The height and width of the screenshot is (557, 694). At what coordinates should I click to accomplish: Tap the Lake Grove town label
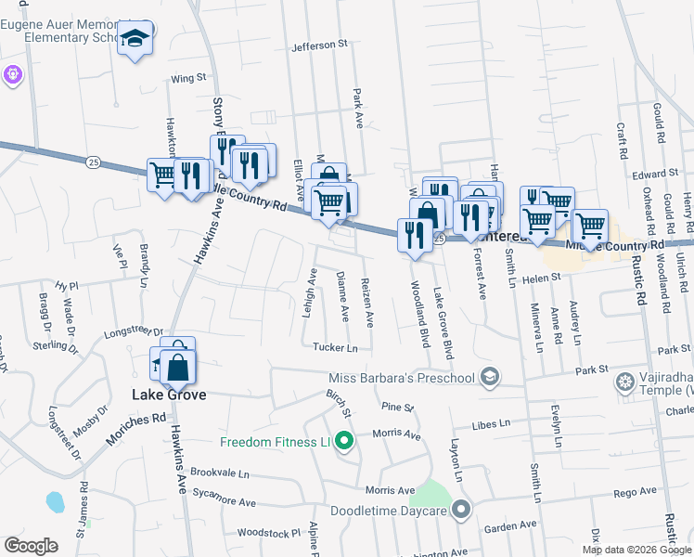[167, 395]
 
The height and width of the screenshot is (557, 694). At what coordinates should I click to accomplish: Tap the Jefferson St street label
[318, 44]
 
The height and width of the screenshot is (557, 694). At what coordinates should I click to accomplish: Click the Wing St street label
[187, 79]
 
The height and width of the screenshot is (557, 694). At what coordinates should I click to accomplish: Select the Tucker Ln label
[335, 347]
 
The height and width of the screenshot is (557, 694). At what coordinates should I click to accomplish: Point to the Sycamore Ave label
[223, 501]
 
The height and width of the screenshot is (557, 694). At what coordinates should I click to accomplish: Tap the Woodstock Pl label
[269, 533]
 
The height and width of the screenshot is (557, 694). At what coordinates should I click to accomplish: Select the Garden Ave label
[511, 525]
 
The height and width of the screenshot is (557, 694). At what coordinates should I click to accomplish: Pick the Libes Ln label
[492, 424]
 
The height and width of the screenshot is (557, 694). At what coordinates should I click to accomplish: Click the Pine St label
[396, 407]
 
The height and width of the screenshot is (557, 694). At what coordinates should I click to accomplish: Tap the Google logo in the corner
[31, 546]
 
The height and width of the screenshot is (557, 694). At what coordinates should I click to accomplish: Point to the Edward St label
[656, 174]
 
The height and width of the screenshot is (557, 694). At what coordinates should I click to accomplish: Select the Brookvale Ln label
[220, 473]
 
